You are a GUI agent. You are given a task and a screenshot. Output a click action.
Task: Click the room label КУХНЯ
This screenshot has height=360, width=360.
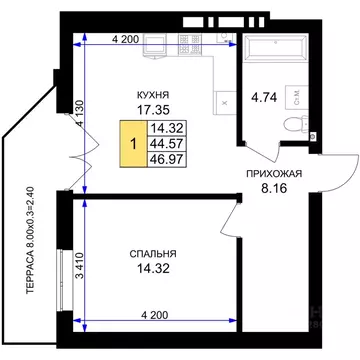153,95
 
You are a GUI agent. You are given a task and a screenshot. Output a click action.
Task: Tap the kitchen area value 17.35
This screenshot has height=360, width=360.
154,109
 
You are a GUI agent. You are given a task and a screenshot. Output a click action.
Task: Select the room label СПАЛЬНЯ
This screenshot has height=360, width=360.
153,254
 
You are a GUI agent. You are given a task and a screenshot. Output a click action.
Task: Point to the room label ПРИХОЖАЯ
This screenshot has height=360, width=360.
274,174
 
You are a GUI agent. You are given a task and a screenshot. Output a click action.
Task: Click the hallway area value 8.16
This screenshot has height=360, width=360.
274,189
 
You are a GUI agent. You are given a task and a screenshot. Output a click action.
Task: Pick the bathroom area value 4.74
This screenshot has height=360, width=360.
264,98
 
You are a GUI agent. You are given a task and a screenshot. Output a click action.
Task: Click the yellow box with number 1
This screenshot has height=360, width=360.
133,144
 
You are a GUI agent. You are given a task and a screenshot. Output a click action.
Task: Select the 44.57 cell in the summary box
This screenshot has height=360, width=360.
167,144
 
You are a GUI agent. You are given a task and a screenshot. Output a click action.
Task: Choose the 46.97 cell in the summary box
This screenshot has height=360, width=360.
167,159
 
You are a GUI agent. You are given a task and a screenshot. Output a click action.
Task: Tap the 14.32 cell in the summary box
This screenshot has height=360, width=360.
167,129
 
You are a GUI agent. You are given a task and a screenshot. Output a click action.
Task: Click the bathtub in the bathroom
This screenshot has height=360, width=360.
275,48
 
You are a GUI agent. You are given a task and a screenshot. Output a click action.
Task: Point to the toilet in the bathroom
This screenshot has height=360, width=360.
296,124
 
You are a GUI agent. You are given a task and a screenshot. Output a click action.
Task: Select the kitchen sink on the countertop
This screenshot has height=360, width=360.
155,46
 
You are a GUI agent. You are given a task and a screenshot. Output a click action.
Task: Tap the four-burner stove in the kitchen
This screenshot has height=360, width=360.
190,45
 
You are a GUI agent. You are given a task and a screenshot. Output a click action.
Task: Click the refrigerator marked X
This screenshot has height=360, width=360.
225,103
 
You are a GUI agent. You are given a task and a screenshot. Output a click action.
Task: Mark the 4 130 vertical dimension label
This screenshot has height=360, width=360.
79,113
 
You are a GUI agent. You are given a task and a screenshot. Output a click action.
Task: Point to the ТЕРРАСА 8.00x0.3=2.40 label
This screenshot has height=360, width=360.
30,240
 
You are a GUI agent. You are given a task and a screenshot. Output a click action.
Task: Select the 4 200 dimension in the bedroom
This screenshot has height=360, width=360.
155,314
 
